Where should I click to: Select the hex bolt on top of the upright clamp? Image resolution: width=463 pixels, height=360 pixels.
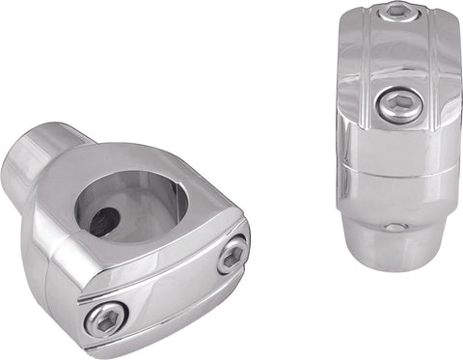click(x=397, y=12)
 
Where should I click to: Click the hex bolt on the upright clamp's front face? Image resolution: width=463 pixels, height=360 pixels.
click(x=398, y=105)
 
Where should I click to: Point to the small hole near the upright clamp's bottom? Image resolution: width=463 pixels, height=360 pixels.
click(x=395, y=228)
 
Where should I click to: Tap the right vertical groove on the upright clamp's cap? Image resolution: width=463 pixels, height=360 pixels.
click(x=431, y=68)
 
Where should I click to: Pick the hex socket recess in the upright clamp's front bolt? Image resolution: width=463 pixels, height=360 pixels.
click(x=399, y=104)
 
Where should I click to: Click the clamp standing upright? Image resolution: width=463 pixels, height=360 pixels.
click(x=395, y=135)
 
